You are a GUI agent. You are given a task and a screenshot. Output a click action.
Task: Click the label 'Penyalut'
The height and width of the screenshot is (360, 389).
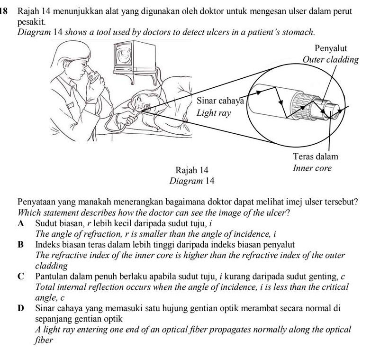[x=331, y=49]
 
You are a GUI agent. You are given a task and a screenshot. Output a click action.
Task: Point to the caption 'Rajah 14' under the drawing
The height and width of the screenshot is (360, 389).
[x=191, y=170]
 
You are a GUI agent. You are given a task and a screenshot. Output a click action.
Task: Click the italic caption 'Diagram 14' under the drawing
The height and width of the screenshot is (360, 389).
[x=191, y=181]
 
